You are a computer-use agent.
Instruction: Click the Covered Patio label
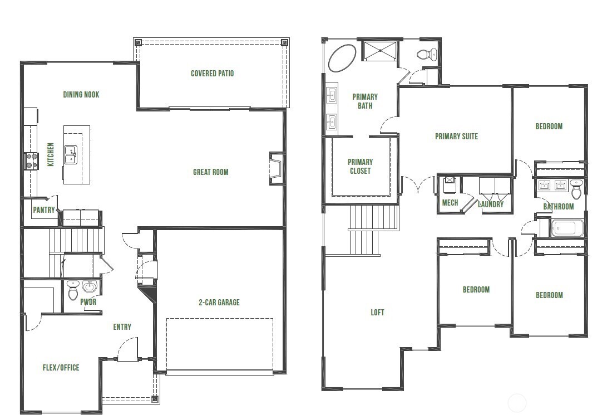click(x=212, y=74)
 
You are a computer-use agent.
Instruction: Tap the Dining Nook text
click(x=81, y=95)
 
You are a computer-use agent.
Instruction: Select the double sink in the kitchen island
click(x=71, y=154)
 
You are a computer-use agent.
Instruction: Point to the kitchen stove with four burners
click(x=31, y=161)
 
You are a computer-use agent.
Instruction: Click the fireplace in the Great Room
click(x=275, y=168)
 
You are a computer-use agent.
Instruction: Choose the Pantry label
click(x=44, y=210)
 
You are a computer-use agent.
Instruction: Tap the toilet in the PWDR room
click(x=73, y=290)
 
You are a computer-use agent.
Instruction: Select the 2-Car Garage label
click(x=219, y=303)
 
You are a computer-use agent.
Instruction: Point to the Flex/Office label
click(x=61, y=368)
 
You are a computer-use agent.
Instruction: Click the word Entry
click(x=122, y=327)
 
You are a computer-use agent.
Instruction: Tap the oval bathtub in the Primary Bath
click(x=342, y=58)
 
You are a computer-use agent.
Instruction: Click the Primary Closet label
click(x=360, y=167)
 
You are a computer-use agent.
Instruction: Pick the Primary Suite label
click(x=456, y=137)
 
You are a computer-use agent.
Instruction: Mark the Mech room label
click(x=450, y=203)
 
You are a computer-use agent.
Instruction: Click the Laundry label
click(x=491, y=204)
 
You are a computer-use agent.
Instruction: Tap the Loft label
click(x=377, y=313)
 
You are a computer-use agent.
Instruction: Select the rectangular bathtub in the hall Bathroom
click(x=567, y=228)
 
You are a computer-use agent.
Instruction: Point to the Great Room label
click(x=211, y=172)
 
